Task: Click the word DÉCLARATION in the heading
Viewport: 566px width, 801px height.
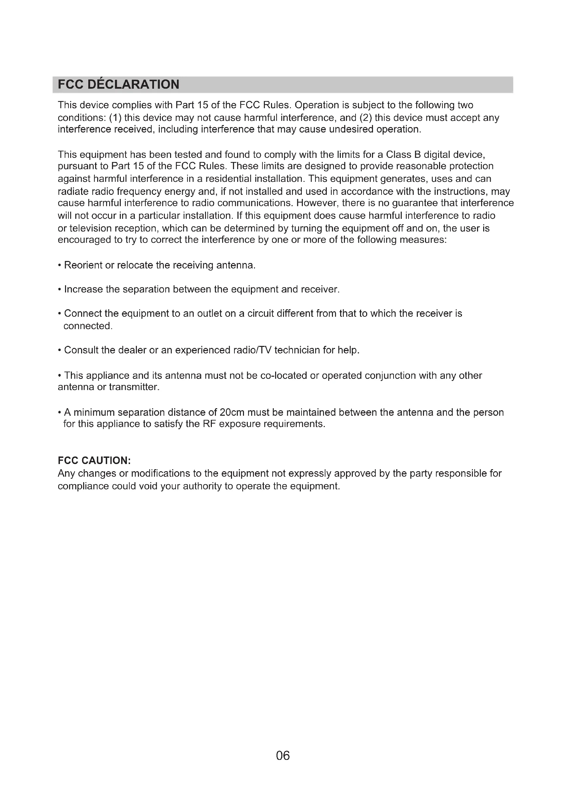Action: (133, 85)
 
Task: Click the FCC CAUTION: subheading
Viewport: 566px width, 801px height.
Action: (94, 461)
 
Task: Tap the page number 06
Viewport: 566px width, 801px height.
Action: (283, 756)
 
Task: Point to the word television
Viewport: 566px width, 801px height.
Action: (92, 228)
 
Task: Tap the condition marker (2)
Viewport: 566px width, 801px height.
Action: (365, 118)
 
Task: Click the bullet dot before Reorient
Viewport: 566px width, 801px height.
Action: (60, 266)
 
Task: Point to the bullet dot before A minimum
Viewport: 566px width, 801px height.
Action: (60, 413)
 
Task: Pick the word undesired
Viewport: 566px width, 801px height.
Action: (351, 129)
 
